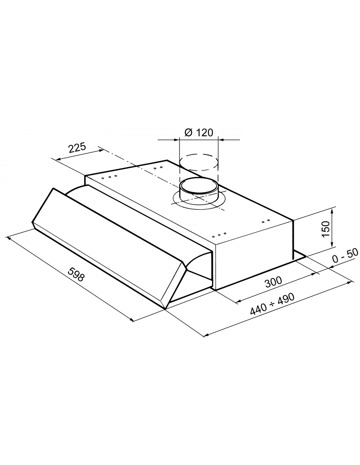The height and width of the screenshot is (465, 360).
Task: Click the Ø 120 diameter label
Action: click(x=199, y=133)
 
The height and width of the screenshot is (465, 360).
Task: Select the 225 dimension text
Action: click(x=77, y=147)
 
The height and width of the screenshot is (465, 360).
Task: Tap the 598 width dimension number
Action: click(x=76, y=275)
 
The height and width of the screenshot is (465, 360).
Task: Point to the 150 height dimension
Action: click(x=326, y=229)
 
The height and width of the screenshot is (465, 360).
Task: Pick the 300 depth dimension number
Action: click(x=274, y=282)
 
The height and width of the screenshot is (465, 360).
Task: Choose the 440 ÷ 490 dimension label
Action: click(x=272, y=304)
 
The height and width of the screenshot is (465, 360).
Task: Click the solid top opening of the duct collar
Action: click(x=199, y=184)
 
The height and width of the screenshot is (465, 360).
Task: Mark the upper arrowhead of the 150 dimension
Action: click(x=332, y=212)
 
